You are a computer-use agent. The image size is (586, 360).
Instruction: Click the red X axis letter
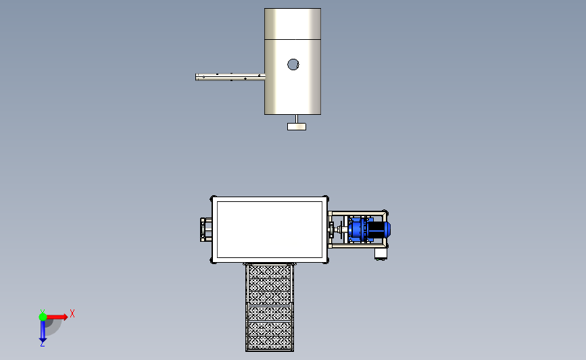[72, 313]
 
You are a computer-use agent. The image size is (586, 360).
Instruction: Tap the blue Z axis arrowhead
[43, 340]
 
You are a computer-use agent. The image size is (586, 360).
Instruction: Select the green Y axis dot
[43, 317]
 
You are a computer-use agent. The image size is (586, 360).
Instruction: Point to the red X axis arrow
[56, 317]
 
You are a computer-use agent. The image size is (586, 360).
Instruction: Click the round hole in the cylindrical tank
[293, 65]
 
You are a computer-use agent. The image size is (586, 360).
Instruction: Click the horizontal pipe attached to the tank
[230, 77]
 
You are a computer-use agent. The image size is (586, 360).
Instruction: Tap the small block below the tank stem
[297, 126]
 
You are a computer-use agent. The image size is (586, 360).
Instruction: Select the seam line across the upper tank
[293, 39]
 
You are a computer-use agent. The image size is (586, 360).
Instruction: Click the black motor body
[376, 230]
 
